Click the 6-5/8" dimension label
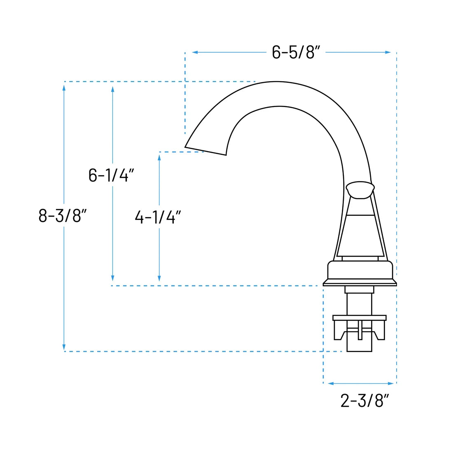point(296,52)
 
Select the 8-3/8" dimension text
point(63,215)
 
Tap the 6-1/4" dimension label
point(111,175)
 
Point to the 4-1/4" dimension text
point(158,217)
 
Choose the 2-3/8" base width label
point(364,400)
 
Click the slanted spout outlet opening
point(205,151)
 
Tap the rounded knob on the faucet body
point(360,190)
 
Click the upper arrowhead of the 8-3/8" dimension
point(64,87)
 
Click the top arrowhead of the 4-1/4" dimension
point(159,157)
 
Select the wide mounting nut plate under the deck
point(359,318)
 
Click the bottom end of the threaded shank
point(359,350)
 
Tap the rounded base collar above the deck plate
point(360,270)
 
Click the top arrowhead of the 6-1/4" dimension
point(112,89)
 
